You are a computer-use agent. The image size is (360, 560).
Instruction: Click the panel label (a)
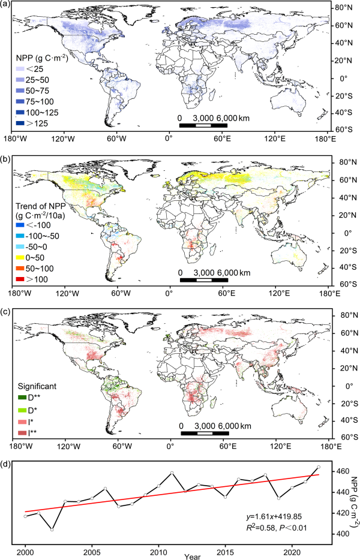[6, 5]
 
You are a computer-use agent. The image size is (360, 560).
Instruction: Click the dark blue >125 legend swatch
[21, 124]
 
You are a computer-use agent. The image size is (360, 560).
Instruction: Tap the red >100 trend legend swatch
[21, 279]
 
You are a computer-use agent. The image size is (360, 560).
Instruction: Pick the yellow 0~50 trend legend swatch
[21, 256]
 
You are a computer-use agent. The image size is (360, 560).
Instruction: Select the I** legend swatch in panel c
[21, 432]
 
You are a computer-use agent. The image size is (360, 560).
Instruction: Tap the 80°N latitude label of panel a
[346, 8]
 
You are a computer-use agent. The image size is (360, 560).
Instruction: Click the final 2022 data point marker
[319, 466]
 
